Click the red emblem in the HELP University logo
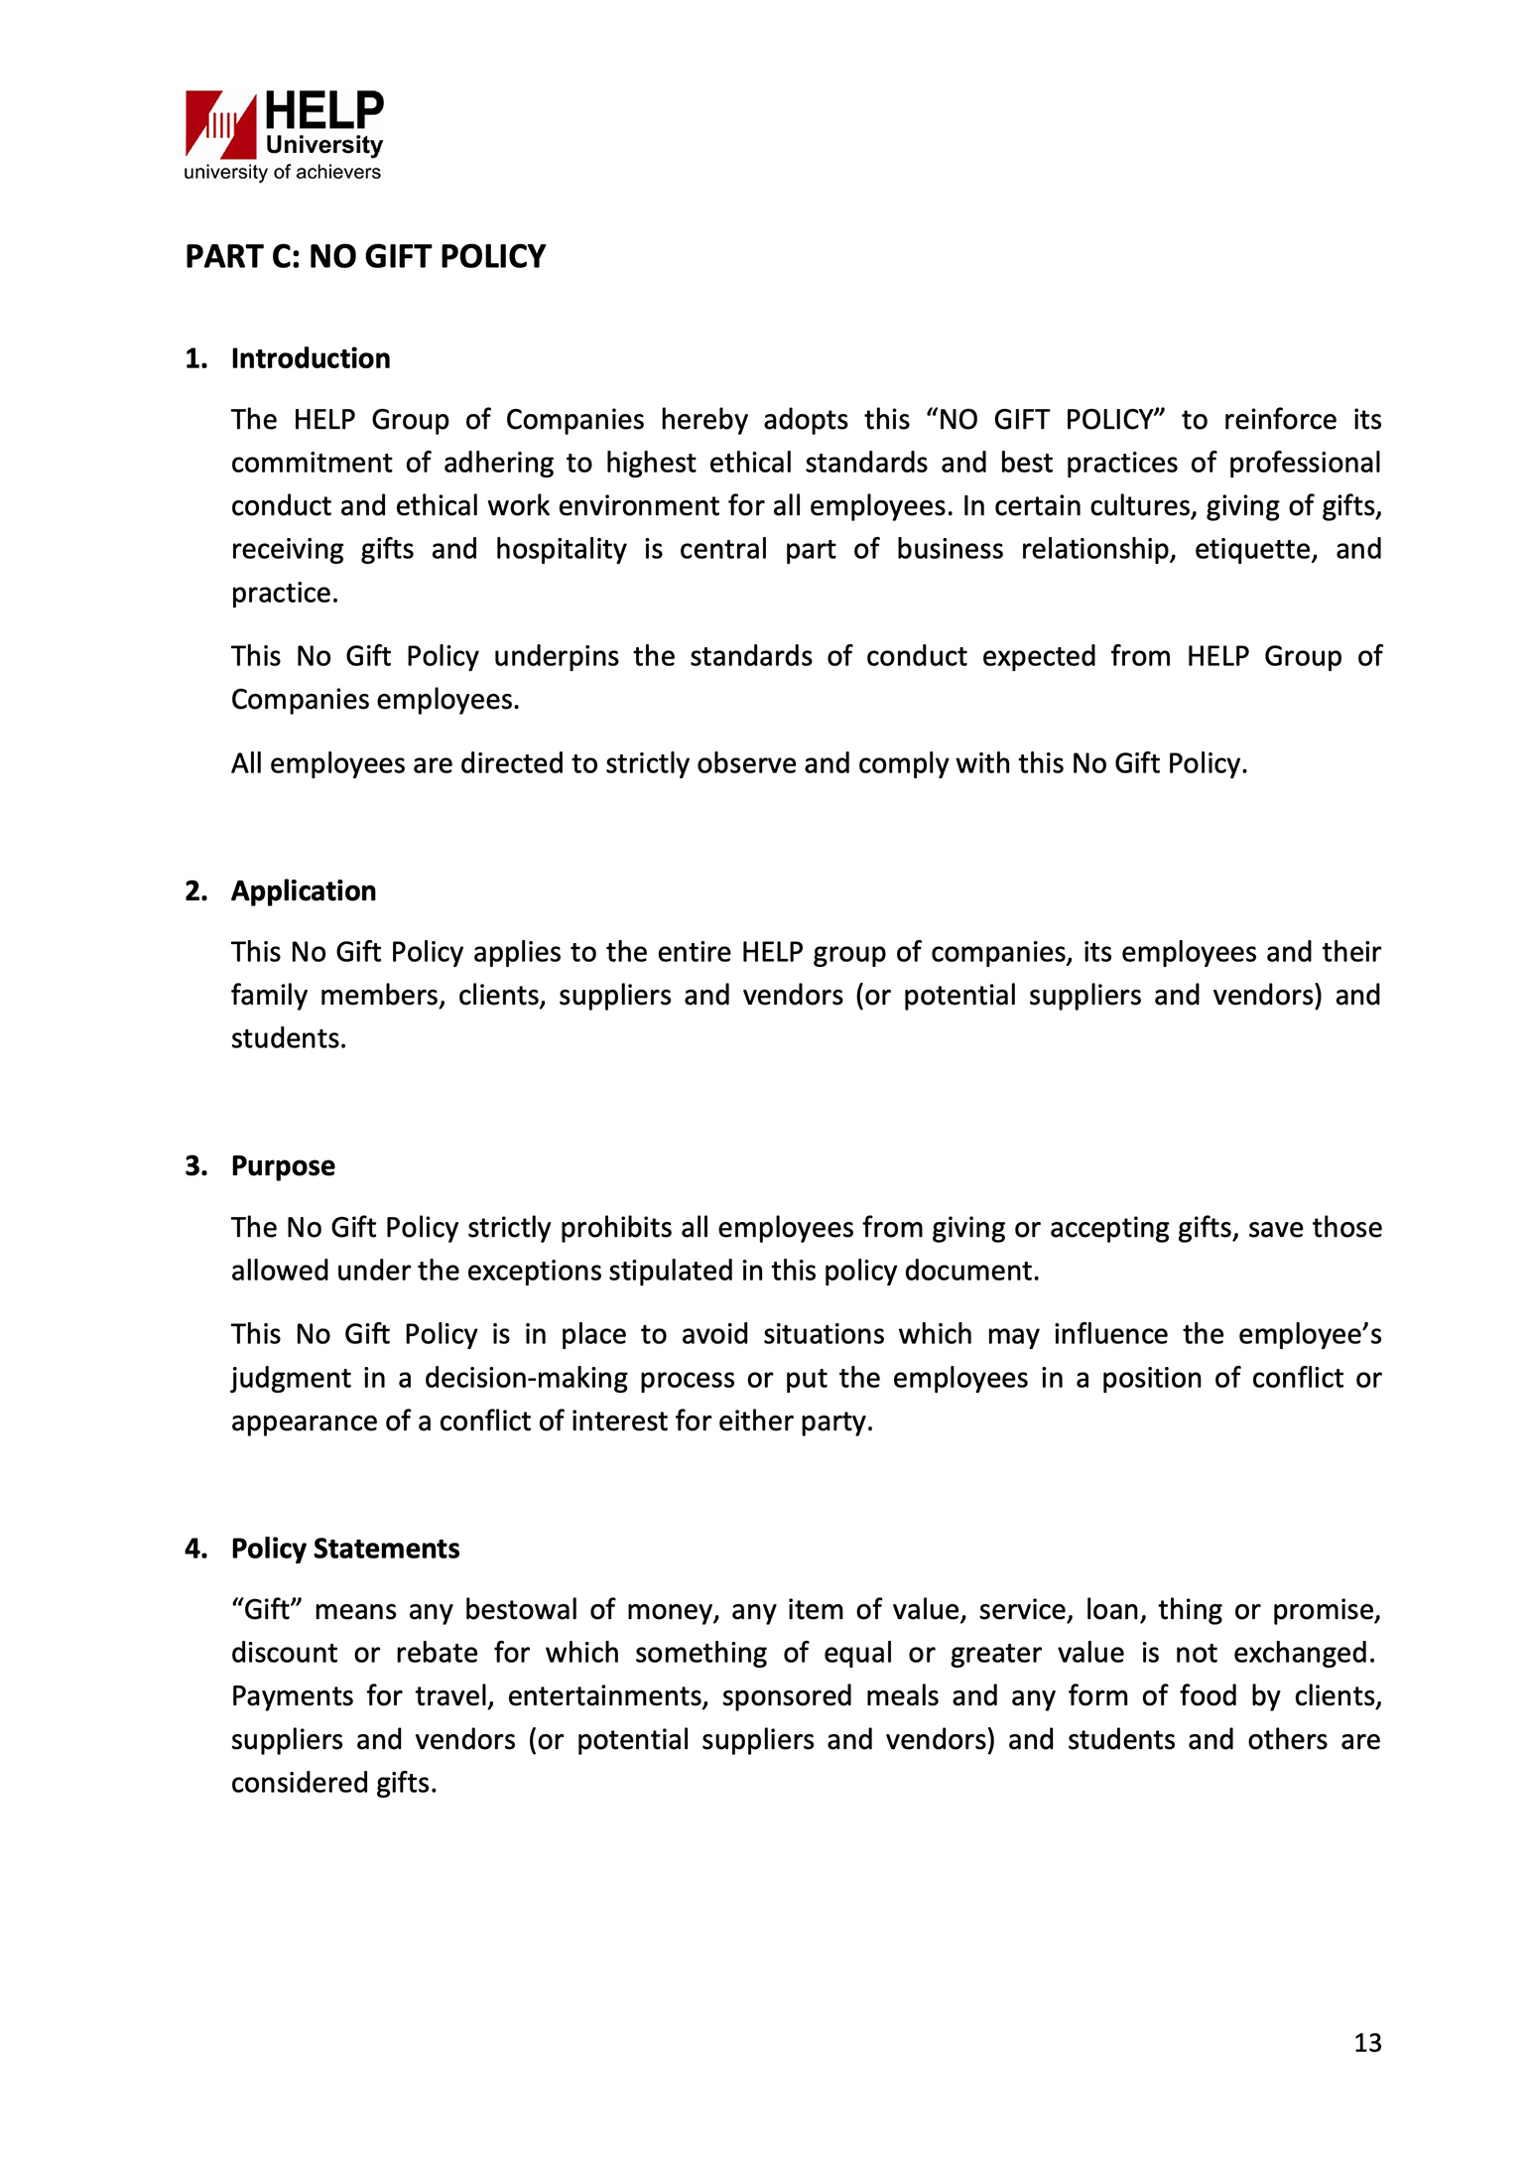pyautogui.click(x=220, y=124)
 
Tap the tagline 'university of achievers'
pyautogui.click(x=282, y=172)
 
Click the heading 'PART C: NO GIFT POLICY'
pyautogui.click(x=365, y=256)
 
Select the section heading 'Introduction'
pyautogui.click(x=311, y=358)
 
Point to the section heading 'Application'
pyautogui.click(x=304, y=890)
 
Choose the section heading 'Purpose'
pyautogui.click(x=283, y=1165)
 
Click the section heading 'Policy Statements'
pyautogui.click(x=345, y=1549)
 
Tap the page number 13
pyautogui.click(x=1367, y=2042)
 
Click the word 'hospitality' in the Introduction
pyautogui.click(x=561, y=549)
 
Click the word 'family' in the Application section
pyautogui.click(x=269, y=995)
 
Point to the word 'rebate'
pyautogui.click(x=438, y=1653)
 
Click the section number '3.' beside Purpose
pyautogui.click(x=196, y=1165)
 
